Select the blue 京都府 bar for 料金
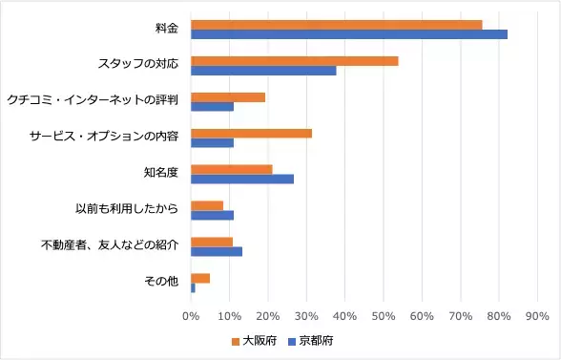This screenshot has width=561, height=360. coord(349,34)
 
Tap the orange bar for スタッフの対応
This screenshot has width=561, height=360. coord(295,60)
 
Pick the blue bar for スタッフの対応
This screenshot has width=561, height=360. coord(264,71)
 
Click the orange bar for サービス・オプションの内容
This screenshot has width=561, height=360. coord(252,133)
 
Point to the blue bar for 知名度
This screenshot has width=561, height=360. coord(242,179)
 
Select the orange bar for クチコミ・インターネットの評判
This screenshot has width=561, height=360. coord(228,96)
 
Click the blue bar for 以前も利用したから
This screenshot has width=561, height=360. coord(212,215)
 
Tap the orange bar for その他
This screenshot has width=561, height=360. coord(200,278)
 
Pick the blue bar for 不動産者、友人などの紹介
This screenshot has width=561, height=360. coord(217,251)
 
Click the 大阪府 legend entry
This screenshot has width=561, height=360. coord(254,340)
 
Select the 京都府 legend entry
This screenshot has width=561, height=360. coord(310,340)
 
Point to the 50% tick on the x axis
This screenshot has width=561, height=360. coord(383,314)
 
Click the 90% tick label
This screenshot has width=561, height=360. coord(536,314)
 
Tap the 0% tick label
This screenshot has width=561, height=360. coord(191,314)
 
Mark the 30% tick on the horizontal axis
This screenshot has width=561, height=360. coord(306,314)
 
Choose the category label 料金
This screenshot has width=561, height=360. coord(168,29)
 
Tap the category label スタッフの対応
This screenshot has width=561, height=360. coord(139,65)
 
